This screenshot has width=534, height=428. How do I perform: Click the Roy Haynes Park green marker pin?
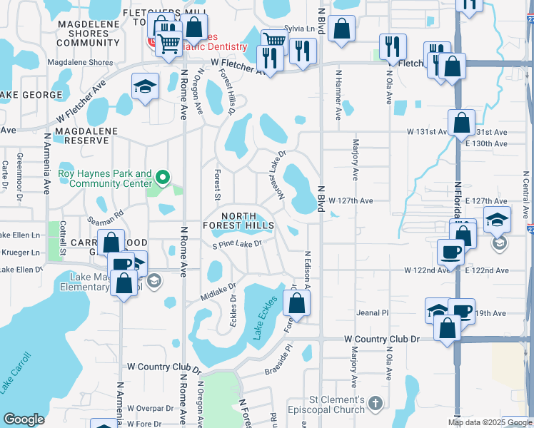tap(163, 178)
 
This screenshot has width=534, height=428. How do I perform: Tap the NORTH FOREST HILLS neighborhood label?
tap(247, 221)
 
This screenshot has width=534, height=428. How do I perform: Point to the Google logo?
tap(24, 419)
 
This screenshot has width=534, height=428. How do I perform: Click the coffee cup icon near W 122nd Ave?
tap(451, 252)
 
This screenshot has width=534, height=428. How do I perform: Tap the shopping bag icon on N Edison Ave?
tap(296, 302)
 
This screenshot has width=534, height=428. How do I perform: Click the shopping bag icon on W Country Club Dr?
tap(448, 328)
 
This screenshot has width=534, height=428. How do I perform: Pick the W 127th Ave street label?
tap(351, 201)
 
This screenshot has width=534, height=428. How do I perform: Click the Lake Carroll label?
tap(16, 372)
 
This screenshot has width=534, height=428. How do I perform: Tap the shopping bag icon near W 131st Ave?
tap(462, 123)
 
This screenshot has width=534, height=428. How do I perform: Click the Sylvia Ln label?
tap(299, 28)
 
